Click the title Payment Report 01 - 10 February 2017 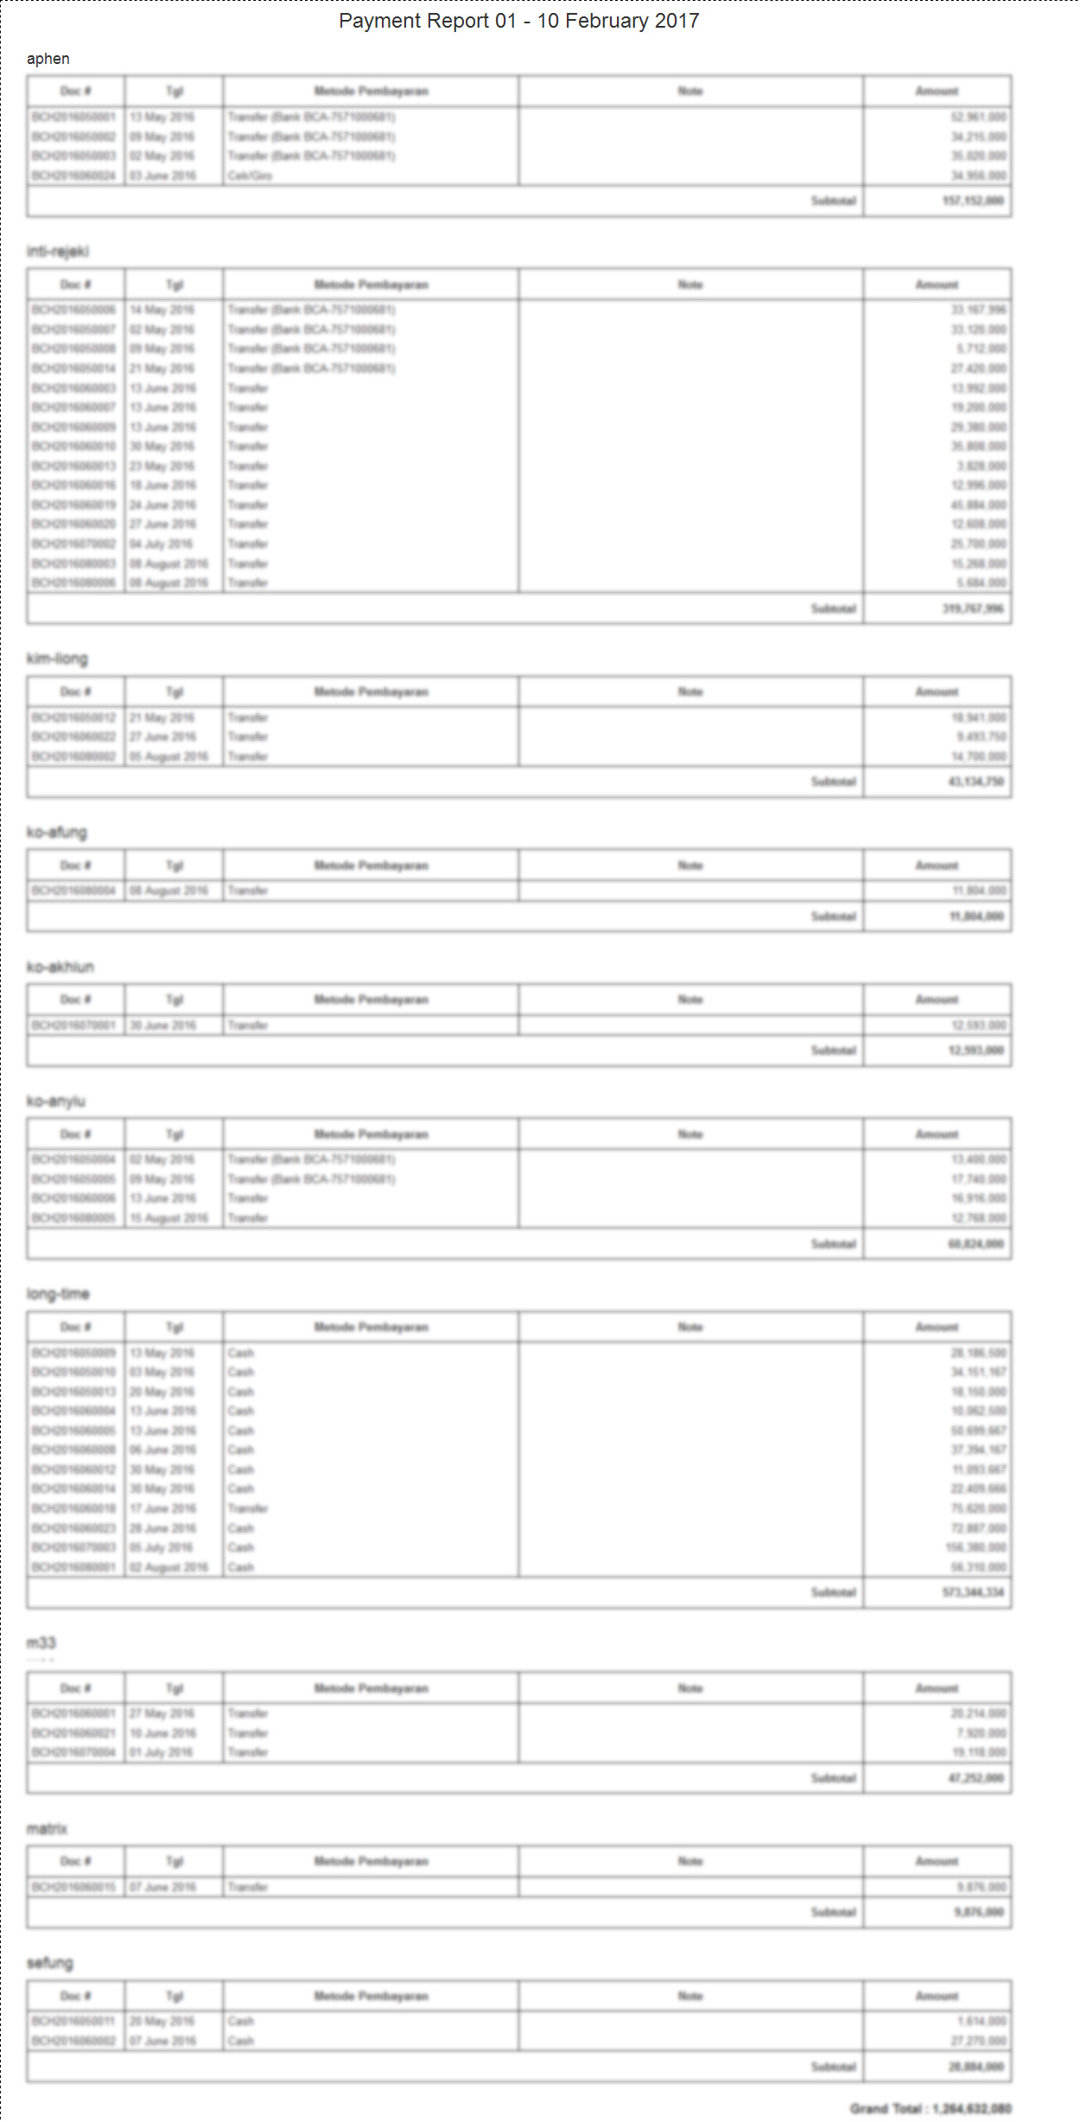(518, 21)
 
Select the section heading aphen (48, 59)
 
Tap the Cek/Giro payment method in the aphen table (250, 175)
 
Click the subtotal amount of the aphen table (973, 201)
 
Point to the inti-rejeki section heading (57, 252)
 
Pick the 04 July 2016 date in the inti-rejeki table (162, 544)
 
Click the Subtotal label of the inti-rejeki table (833, 609)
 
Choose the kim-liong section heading (57, 659)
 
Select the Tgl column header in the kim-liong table (175, 691)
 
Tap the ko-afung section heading (57, 832)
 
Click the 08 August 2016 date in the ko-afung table (169, 890)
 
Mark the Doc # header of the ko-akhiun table (76, 999)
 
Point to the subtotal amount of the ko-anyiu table (975, 1244)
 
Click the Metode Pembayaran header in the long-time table (371, 1327)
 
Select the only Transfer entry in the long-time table (248, 1508)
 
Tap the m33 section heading (41, 1642)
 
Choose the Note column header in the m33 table (690, 1688)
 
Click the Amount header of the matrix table (937, 1861)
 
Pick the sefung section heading (49, 1962)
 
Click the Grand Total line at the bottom (930, 2108)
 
